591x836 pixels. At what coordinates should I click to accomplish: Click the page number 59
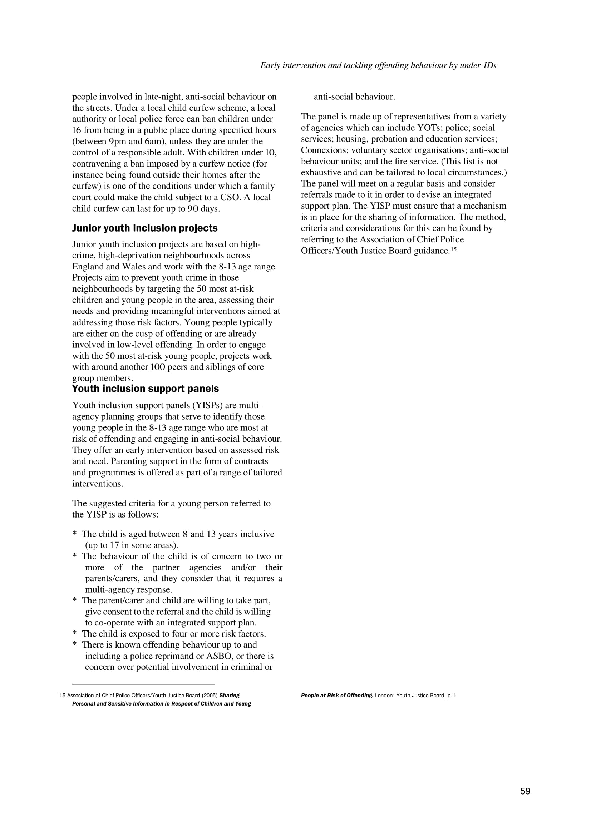coord(525,801)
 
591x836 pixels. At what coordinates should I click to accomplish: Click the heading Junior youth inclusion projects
coord(144,228)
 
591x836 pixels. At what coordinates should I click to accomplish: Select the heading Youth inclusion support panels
coord(145,389)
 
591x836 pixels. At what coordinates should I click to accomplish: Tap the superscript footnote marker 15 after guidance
coord(454,249)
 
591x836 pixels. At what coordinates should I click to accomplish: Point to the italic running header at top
coord(378,65)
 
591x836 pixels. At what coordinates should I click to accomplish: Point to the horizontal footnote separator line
coord(143,684)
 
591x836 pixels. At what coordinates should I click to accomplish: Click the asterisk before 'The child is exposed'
coord(74,634)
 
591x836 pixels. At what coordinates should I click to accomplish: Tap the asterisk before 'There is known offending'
coord(74,645)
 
